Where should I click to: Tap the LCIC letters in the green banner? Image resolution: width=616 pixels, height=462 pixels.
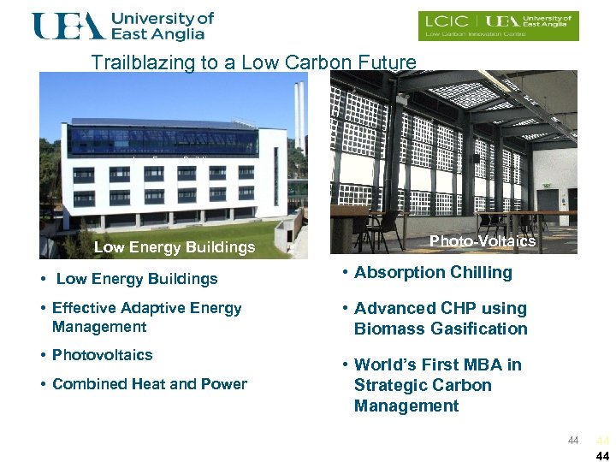[444, 22]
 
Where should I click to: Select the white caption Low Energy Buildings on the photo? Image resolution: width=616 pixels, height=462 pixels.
[175, 247]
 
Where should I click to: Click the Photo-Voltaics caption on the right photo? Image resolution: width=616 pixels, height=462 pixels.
[482, 241]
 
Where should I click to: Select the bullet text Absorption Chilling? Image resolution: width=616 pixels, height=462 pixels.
[433, 273]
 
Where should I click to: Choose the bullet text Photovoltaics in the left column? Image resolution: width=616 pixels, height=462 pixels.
[102, 354]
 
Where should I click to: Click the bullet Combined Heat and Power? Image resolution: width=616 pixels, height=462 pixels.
[149, 384]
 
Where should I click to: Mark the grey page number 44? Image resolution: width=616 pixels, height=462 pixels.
[573, 441]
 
